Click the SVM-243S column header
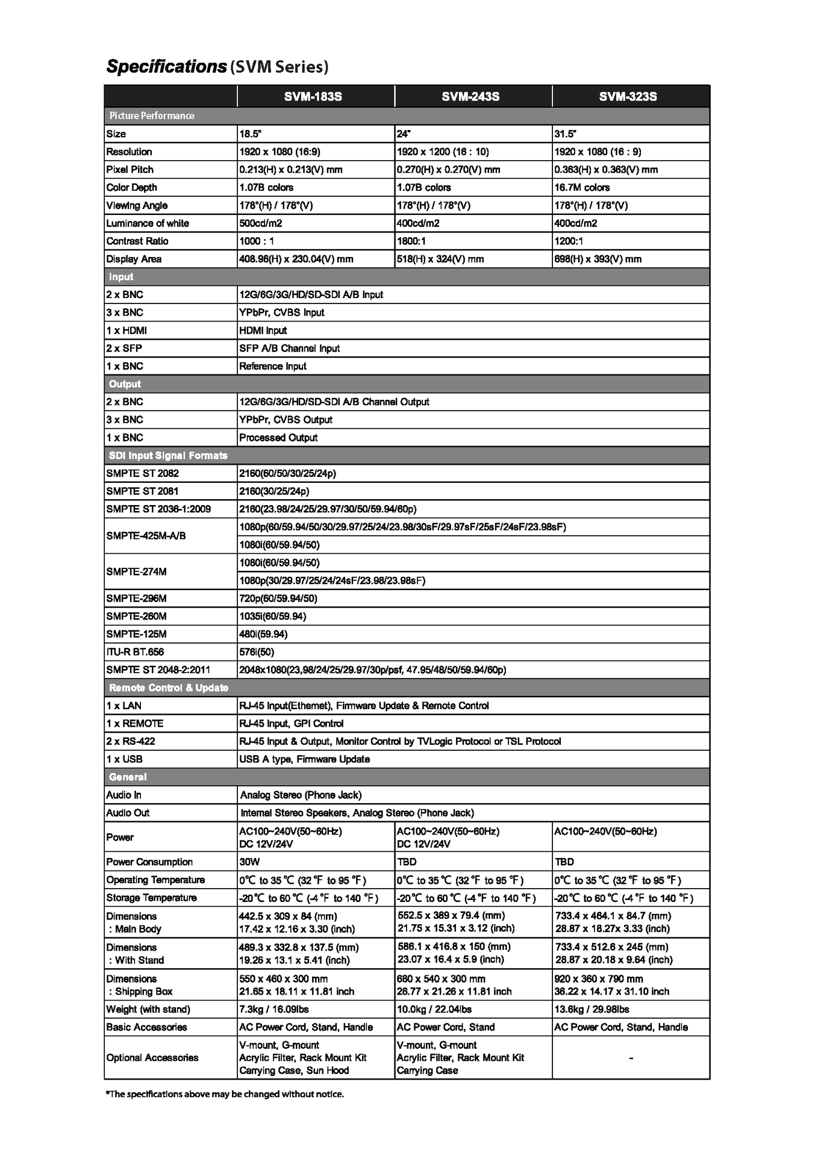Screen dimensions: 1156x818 click(x=470, y=96)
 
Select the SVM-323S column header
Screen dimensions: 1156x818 click(x=628, y=96)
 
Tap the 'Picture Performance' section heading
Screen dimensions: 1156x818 click(x=152, y=116)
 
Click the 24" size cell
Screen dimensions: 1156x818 click(x=403, y=134)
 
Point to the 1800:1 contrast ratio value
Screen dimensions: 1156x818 click(x=409, y=241)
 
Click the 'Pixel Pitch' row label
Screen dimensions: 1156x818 click(x=130, y=170)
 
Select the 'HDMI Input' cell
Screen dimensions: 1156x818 click(x=263, y=331)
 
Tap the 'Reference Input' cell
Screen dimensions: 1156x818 click(x=273, y=366)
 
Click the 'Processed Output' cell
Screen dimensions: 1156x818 click(x=278, y=438)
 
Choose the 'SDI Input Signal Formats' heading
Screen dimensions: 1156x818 click(x=168, y=456)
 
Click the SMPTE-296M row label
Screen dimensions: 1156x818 click(x=136, y=598)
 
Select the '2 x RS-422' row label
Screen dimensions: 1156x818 click(x=131, y=741)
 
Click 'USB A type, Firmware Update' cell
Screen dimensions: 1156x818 click(x=304, y=759)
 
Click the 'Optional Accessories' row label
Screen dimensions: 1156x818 click(x=152, y=1058)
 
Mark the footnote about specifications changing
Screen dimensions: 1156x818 click(x=225, y=1094)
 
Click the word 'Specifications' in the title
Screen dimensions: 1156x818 click(x=166, y=66)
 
